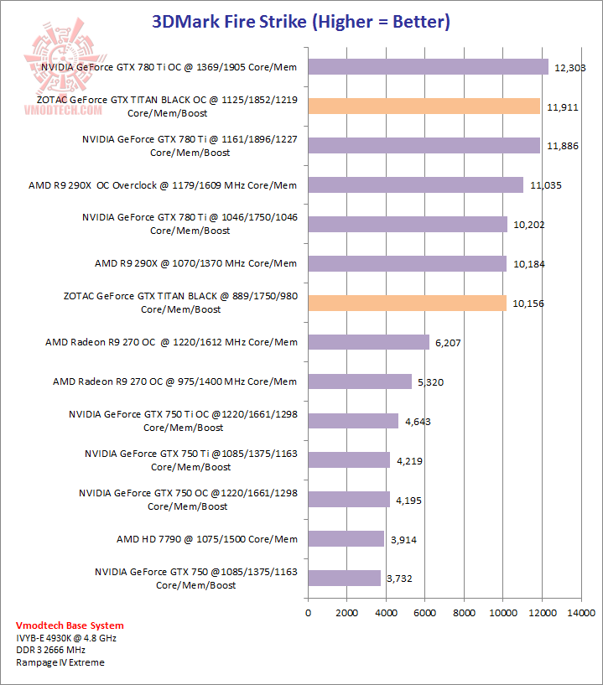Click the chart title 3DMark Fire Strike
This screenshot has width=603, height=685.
(x=301, y=22)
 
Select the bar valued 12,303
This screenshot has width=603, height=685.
(x=428, y=66)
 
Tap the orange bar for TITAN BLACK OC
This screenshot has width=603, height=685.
(x=424, y=106)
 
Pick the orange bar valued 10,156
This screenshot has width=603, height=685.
(x=407, y=303)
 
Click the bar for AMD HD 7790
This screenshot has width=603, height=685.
(x=346, y=538)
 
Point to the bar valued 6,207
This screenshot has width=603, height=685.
(x=368, y=342)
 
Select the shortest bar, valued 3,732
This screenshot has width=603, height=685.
(x=344, y=578)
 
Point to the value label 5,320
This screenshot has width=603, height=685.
(x=432, y=382)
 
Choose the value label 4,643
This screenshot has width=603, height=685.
(x=418, y=422)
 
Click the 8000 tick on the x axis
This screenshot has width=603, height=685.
(x=464, y=613)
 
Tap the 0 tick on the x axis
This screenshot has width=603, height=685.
(x=308, y=613)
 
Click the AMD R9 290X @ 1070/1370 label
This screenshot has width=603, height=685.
(x=195, y=263)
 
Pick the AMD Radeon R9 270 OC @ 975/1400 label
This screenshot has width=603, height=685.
(x=174, y=381)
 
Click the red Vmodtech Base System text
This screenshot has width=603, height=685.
(x=70, y=625)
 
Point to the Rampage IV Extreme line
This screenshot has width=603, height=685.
(x=60, y=662)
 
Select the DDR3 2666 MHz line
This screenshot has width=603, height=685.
(x=50, y=650)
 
